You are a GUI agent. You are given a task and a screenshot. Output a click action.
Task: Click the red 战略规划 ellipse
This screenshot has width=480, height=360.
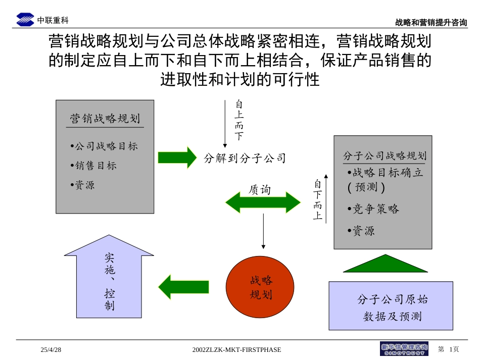[260, 287]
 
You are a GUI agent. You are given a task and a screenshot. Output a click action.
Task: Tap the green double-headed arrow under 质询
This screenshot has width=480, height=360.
[263, 202]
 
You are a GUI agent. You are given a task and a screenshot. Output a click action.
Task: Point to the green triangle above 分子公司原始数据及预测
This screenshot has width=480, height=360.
[385, 265]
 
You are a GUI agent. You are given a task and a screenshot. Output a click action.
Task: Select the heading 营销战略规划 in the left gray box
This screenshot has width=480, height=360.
[105, 119]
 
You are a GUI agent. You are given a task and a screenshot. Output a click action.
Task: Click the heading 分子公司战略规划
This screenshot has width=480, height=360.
[385, 156]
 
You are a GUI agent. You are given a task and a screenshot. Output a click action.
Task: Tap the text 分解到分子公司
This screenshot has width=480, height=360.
[245, 159]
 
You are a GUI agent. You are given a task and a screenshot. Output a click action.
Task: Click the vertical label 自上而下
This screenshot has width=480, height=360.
[239, 120]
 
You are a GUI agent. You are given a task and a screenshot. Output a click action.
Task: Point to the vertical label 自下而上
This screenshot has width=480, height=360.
[317, 200]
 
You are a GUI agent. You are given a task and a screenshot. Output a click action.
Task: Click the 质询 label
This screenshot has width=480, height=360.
[260, 190]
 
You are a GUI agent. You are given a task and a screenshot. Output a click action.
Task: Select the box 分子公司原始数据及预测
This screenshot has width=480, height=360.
[391, 306]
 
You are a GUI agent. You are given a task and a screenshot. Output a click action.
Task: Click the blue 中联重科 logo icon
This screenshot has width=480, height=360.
[25, 20]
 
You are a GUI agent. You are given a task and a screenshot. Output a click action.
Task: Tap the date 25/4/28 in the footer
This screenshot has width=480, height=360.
[51, 349]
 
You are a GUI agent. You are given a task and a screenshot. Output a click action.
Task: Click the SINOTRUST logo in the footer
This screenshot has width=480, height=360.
[404, 349]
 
